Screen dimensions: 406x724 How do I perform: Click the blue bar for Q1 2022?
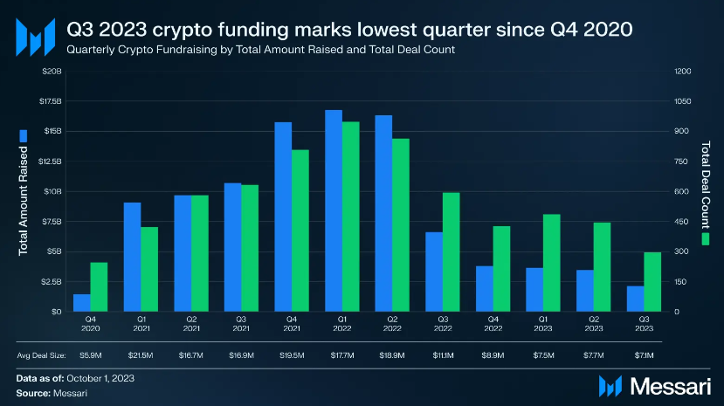coord(334,210)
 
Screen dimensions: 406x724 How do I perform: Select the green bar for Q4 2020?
coord(99,286)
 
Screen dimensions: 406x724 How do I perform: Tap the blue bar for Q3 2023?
coord(635,298)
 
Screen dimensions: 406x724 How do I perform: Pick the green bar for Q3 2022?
coord(451,251)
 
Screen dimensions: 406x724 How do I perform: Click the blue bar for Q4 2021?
coord(283,217)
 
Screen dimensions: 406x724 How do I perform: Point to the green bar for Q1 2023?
coord(551,262)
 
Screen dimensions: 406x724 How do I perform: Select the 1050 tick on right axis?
coord(682,101)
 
